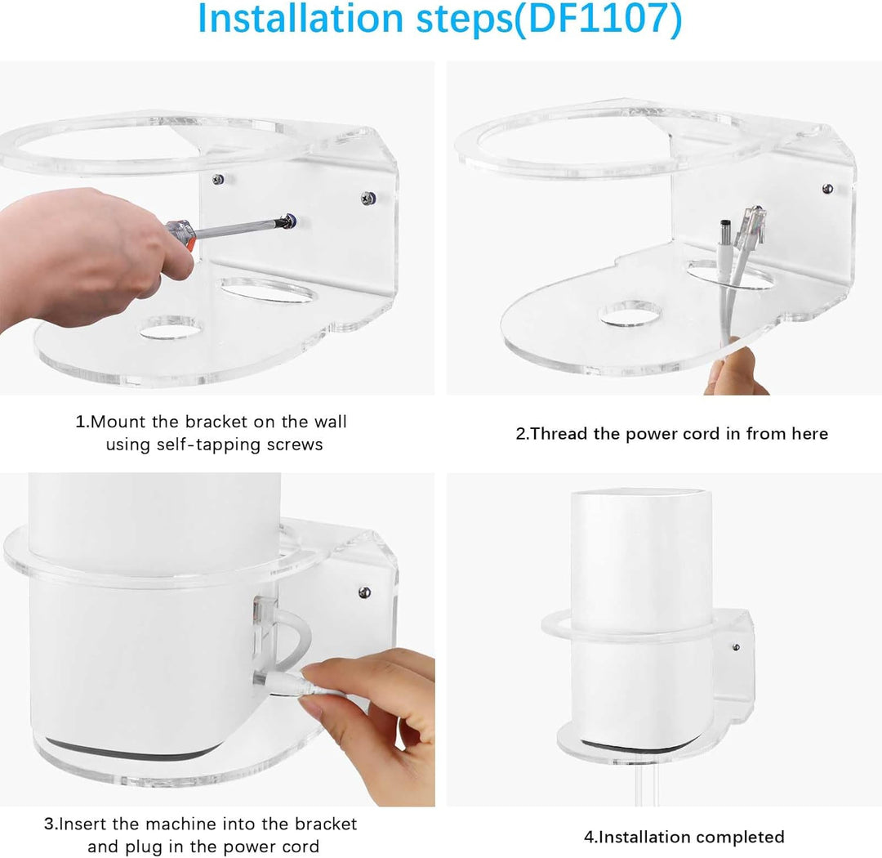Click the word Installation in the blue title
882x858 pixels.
point(301,20)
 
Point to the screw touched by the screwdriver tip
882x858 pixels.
point(287,220)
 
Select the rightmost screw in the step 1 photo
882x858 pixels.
point(368,197)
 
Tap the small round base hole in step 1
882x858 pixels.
point(170,328)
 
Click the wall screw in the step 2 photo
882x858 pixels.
point(827,189)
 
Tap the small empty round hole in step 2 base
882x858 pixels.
point(629,313)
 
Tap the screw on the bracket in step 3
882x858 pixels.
point(364,591)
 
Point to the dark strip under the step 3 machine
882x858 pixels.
point(131,747)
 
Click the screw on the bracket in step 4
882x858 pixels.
point(736,647)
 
